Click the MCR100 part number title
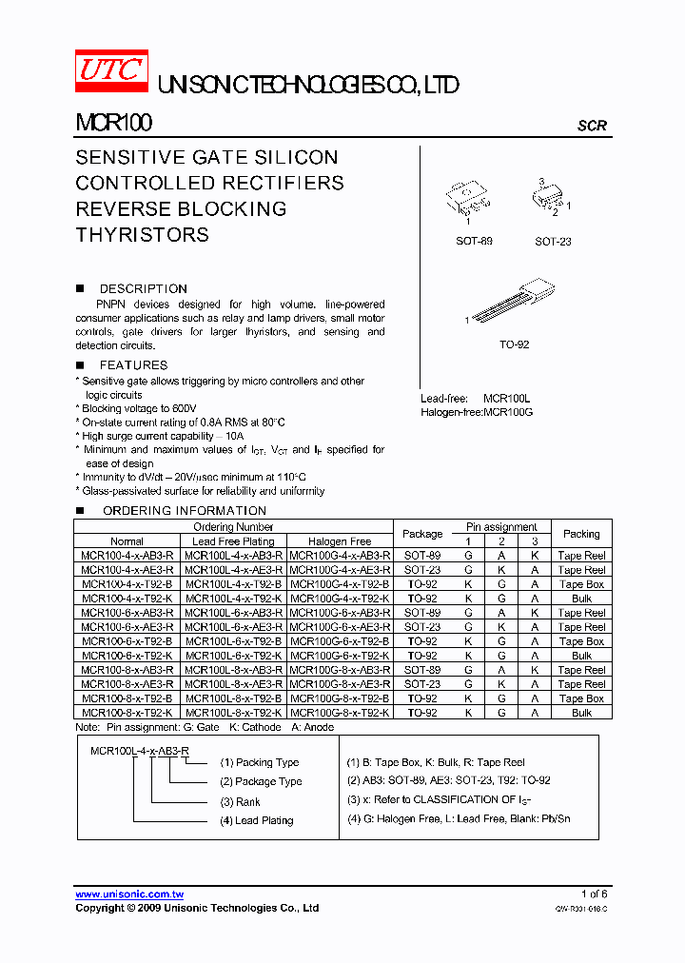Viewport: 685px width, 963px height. click(113, 123)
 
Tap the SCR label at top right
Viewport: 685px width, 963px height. click(592, 126)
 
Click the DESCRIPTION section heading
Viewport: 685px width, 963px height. click(143, 288)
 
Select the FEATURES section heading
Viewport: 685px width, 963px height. click(133, 364)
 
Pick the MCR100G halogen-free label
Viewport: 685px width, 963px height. click(508, 412)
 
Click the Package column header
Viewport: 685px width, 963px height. click(422, 534)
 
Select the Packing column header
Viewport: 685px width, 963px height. click(581, 534)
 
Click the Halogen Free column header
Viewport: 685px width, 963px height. click(340, 541)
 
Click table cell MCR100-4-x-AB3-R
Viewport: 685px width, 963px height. click(127, 556)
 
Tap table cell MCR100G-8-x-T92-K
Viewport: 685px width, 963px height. click(340, 713)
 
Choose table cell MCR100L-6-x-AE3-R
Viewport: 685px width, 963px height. click(233, 627)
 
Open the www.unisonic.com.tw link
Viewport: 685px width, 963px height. click(129, 894)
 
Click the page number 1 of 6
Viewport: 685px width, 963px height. click(594, 894)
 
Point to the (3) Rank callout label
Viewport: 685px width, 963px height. click(241, 801)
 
